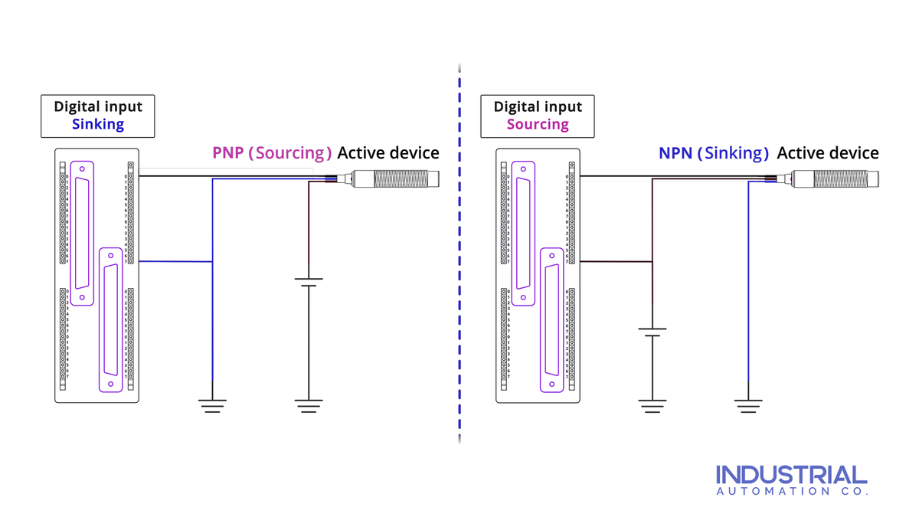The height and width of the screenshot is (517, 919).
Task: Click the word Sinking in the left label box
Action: [x=98, y=124]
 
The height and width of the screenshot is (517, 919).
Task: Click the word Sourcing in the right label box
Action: [x=538, y=124]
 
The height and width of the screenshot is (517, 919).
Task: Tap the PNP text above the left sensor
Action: [x=228, y=152]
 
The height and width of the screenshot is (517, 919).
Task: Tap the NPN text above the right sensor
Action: [x=675, y=152]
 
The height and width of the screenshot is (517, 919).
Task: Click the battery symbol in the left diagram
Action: [x=308, y=283]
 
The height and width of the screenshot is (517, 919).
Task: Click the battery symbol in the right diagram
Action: [x=652, y=332]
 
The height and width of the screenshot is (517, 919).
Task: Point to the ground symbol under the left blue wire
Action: [x=212, y=405]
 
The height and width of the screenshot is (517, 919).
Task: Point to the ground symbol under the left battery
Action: [x=308, y=405]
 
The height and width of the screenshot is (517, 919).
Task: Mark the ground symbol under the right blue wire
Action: [x=748, y=405]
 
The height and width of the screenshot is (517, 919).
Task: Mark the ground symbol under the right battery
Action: [x=652, y=405]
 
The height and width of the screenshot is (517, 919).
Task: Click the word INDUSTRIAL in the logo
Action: [x=791, y=474]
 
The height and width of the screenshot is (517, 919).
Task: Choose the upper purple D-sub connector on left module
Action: [x=81, y=233]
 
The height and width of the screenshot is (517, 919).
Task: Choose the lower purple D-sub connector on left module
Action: [x=111, y=319]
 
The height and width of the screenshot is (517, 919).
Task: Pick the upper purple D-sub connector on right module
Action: [x=523, y=233]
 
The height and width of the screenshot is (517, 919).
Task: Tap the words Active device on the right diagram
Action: [x=827, y=152]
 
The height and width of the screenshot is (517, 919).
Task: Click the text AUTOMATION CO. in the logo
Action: [x=791, y=492]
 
